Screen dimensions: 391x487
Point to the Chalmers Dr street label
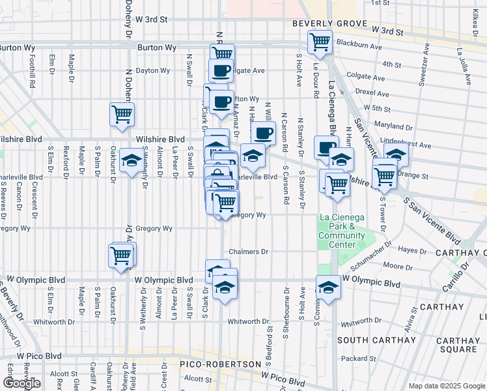(248, 252)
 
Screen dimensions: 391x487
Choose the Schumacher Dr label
(370, 254)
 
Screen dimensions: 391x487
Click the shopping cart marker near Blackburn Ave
(320, 42)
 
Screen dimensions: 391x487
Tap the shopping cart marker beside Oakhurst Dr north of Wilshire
(122, 115)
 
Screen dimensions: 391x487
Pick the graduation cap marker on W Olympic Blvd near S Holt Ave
(329, 287)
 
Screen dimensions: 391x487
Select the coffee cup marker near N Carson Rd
(263, 134)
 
